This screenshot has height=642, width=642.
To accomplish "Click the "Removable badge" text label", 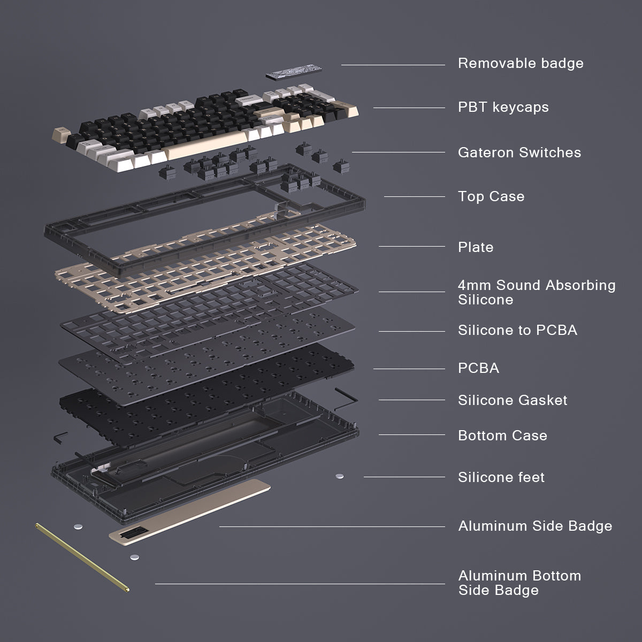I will tap(520, 63).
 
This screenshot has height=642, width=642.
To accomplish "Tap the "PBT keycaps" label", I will tap(503, 107).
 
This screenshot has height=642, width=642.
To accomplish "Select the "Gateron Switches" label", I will tap(519, 152).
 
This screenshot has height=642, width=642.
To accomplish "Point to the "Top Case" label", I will tap(491, 196).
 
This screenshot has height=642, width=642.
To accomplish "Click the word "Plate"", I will tap(475, 247).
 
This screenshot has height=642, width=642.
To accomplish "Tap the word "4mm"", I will tap(475, 285).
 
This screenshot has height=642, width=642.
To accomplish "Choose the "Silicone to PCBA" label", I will tap(517, 330).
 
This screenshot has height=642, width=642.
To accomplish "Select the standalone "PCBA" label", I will tap(478, 368).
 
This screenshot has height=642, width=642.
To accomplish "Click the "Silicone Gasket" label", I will tap(512, 400).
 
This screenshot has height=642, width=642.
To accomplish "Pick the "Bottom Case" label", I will tap(502, 435).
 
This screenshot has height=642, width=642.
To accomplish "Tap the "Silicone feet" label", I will tap(501, 477).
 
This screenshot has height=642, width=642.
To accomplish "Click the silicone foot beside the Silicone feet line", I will tap(339, 476).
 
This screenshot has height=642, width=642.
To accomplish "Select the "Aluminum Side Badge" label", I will tap(535, 526).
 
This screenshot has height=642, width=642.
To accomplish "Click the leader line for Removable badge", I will tap(393, 65).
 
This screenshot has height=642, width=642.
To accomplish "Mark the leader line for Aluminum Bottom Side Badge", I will tap(300, 584).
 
